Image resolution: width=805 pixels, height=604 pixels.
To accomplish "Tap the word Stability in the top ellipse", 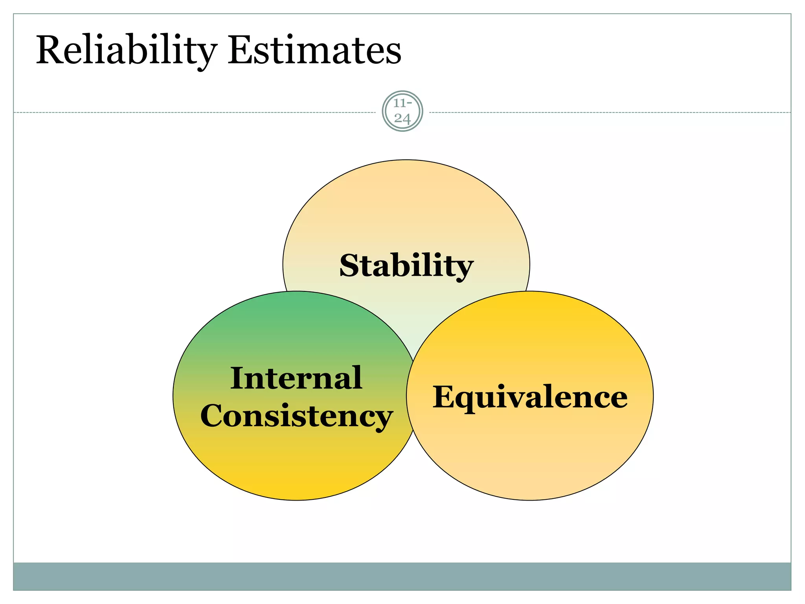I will (406, 266).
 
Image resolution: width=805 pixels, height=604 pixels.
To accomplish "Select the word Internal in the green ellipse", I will (296, 378).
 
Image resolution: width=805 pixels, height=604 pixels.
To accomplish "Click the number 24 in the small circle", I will (402, 118).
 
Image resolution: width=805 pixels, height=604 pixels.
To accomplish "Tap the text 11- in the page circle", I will (402, 103).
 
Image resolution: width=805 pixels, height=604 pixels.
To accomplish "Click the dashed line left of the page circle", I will (197, 112).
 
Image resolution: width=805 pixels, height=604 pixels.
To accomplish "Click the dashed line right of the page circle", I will (609, 112).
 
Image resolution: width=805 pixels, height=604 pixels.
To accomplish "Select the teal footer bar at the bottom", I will (402, 576).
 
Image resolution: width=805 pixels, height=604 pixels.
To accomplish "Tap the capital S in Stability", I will (349, 266).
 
